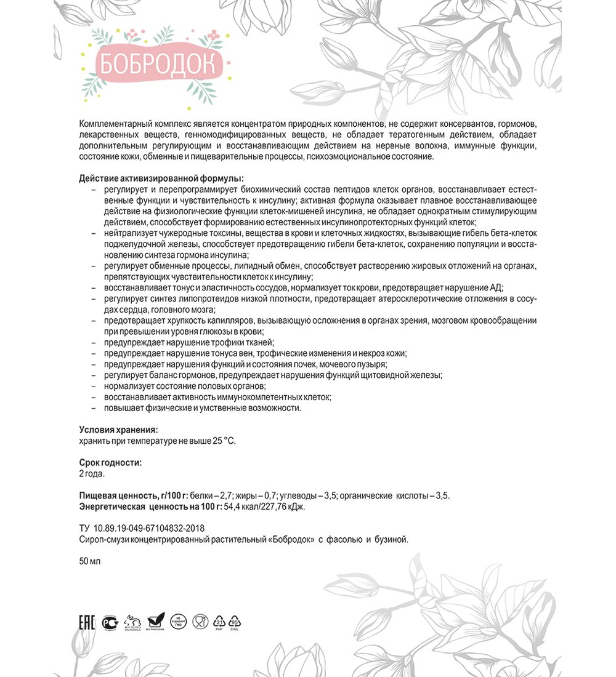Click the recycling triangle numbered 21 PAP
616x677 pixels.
[x=219, y=622]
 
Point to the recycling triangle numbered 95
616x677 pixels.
[x=235, y=622]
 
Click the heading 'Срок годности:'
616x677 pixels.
[x=110, y=463]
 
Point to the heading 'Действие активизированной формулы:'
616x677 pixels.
[x=161, y=178]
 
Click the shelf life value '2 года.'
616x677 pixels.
[x=92, y=474]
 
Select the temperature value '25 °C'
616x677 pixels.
[x=222, y=441]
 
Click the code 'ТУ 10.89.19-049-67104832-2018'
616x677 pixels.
[x=142, y=529]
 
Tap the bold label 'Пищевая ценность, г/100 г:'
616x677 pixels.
[x=133, y=496]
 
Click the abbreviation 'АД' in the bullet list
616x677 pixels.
[x=496, y=288]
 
